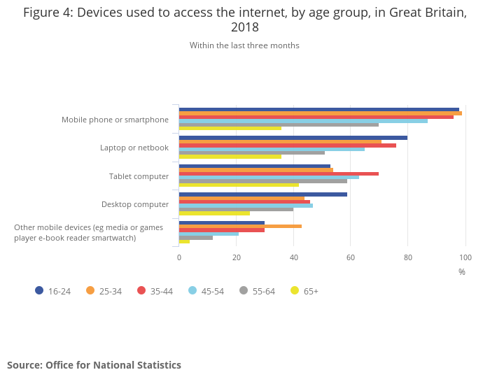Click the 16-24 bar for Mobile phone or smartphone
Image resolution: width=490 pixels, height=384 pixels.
pos(319,110)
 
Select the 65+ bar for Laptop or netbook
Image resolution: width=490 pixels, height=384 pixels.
pos(230,156)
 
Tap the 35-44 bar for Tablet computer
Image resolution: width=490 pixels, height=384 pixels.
pos(279,173)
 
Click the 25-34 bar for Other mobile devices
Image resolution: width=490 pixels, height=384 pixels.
pos(240,226)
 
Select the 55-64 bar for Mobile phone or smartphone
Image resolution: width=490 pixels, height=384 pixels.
pos(279,125)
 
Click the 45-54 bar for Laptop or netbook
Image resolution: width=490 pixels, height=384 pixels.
pos(272,149)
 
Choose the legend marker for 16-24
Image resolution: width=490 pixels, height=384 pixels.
pos(39,290)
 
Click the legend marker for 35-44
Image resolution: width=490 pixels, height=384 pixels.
pos(141,290)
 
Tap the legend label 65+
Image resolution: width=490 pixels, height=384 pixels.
pos(311,291)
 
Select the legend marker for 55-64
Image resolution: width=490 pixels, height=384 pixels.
pos(244,290)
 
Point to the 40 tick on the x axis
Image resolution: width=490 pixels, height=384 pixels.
pos(293,257)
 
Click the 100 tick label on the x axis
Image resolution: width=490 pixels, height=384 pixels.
pos(465,257)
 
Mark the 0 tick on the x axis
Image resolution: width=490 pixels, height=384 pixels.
pos(179,257)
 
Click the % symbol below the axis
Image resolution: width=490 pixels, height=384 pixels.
pos(462,271)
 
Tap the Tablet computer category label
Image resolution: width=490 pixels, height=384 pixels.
pos(139,176)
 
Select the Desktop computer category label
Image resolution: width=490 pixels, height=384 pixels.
pos(135,204)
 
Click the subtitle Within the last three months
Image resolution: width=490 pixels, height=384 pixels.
pos(244,45)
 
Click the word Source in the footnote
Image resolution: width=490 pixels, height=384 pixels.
pos(24,365)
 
